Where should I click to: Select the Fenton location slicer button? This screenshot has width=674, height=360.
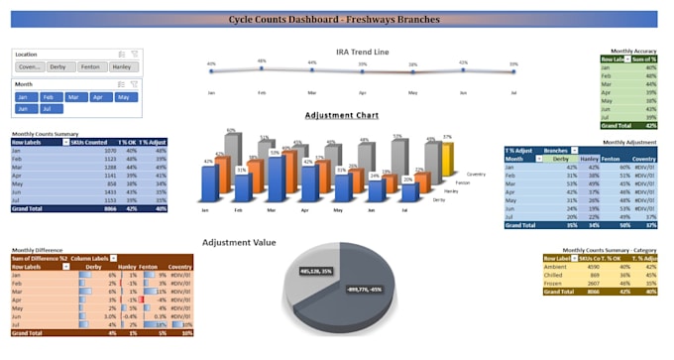pos(92,66)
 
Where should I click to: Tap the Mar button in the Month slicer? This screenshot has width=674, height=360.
pos(73,97)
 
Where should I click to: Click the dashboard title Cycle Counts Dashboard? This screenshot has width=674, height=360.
pos(334,18)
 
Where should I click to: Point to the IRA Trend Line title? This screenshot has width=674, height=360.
pos(362,50)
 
